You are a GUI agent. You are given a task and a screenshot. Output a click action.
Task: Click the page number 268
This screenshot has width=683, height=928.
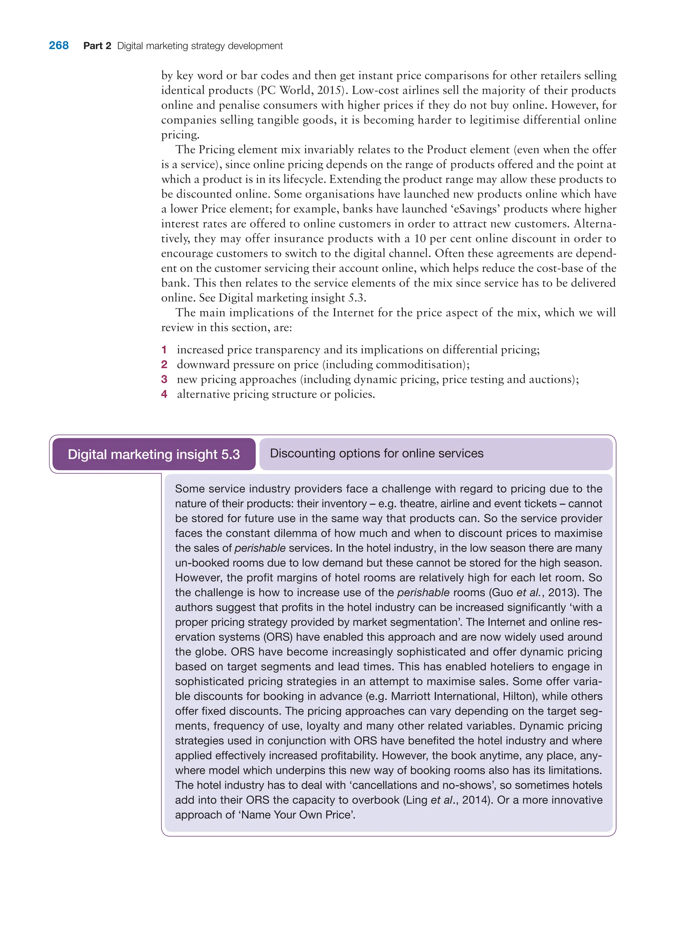point(59,45)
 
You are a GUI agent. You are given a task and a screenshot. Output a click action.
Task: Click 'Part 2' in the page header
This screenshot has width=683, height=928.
point(97,46)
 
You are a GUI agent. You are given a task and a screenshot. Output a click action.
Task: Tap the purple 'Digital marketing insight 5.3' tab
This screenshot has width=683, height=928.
point(154,454)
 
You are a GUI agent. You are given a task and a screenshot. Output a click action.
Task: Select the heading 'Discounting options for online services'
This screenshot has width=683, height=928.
point(376,453)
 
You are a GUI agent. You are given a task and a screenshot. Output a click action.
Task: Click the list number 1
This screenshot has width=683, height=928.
point(164,350)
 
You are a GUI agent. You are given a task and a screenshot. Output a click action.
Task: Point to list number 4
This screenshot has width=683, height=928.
point(164,394)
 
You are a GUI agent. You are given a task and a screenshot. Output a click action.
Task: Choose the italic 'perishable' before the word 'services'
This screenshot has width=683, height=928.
point(260,549)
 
